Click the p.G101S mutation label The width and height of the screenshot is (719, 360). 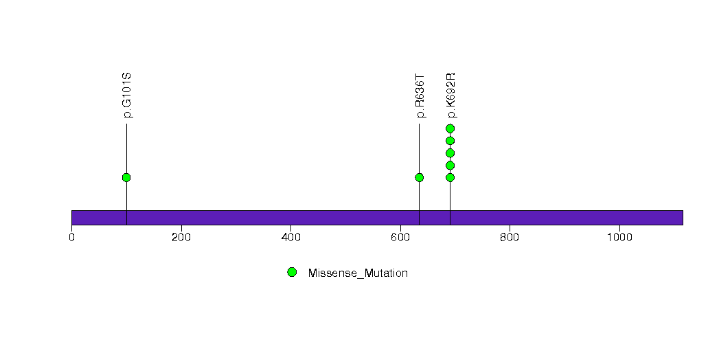pos(128,95)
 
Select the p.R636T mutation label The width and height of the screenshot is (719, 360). pos(420,96)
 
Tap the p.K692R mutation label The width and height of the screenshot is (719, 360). pos(450,95)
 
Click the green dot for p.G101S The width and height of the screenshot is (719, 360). pos(126,177)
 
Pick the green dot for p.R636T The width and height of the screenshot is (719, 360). pos(419,177)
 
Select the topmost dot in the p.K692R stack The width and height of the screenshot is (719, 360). pos(450,128)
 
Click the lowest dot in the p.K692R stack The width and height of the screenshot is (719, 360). pos(450,177)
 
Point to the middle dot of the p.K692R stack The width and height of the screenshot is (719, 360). pos(450,153)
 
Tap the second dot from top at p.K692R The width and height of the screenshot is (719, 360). pos(450,141)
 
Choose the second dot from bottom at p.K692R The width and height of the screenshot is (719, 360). pos(450,166)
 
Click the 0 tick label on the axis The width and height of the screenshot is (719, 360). pos(71,238)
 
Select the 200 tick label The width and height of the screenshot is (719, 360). pos(181,238)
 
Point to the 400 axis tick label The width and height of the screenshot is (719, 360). pos(290,238)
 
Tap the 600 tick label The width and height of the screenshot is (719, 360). pos(400,238)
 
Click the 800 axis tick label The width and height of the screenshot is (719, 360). pos(510,238)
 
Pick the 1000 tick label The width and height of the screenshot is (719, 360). pos(619,238)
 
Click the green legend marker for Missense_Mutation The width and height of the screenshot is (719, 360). pos(292,273)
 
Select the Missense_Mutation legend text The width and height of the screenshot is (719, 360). pos(358,273)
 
